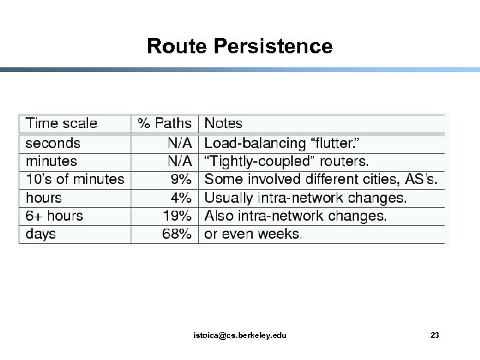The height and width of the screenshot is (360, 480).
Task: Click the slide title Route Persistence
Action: (x=239, y=46)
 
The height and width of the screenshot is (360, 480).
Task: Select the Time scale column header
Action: (x=61, y=123)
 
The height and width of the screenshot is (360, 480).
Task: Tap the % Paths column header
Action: (x=164, y=123)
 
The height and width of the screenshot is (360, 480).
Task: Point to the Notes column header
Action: (x=223, y=123)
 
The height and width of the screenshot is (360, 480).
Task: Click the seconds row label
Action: (x=53, y=143)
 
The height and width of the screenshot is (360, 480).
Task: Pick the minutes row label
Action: (x=51, y=161)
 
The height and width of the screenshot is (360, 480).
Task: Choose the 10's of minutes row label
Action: (x=75, y=179)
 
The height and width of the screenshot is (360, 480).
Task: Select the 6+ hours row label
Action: (x=54, y=216)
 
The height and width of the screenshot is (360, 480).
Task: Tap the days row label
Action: (x=40, y=234)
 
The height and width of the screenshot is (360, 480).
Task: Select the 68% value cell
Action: (x=177, y=234)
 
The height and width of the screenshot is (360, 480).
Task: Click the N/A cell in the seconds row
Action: (x=179, y=143)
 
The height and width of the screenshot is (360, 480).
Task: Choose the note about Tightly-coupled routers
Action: (x=287, y=161)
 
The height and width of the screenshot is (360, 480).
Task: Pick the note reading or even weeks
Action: (x=253, y=234)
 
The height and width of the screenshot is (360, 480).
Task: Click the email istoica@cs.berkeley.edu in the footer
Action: (x=239, y=335)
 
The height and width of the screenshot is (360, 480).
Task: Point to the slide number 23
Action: (x=435, y=335)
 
